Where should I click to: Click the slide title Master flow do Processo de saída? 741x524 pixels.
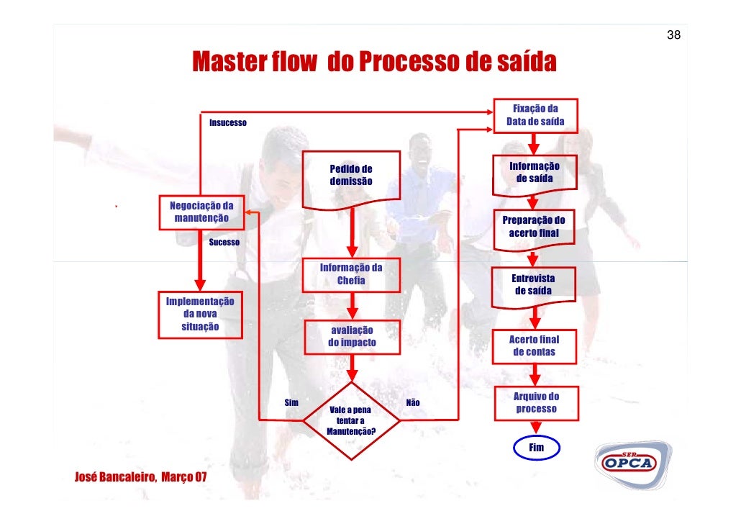point(373,63)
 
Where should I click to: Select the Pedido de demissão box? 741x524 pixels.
point(351,176)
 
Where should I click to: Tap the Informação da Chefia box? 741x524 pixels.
point(351,274)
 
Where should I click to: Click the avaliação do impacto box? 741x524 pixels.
point(352,337)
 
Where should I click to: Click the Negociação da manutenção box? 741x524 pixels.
point(201,212)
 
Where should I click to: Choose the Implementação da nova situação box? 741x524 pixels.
point(200,314)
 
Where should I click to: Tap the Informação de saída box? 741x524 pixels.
point(535,173)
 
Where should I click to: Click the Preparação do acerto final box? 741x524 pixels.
point(534,227)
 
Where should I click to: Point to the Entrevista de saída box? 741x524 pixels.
point(533,284)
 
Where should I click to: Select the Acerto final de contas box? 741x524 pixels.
point(534,345)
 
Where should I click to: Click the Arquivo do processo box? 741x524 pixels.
point(535,402)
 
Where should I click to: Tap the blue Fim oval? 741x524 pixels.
point(536,448)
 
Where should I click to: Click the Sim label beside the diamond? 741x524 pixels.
point(292,403)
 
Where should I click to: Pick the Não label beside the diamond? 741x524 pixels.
point(413,403)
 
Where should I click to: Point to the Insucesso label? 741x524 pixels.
point(227,123)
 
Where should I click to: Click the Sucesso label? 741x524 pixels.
point(224,243)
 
